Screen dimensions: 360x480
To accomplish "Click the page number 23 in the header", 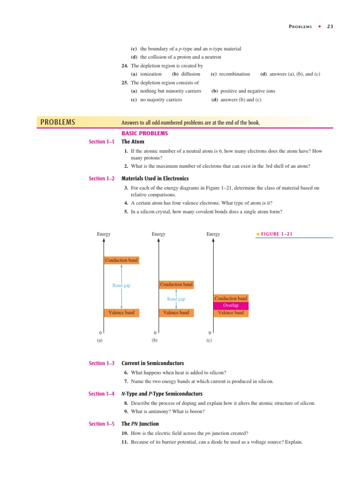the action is [x=330, y=26].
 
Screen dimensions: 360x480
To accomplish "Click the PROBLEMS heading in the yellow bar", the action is [x=58, y=122].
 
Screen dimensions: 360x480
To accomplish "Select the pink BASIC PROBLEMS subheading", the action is [x=144, y=133].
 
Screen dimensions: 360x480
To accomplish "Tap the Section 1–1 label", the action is [x=101, y=142].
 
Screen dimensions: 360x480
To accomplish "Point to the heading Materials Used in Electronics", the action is [x=155, y=179].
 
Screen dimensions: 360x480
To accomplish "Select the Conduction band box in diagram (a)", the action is [x=121, y=261].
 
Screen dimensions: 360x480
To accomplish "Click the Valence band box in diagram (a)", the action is [x=121, y=313].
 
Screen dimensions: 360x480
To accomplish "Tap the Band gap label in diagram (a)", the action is [x=121, y=285].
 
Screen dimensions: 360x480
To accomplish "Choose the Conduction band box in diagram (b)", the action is [x=176, y=285].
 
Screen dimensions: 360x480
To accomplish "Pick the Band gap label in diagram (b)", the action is [x=176, y=299].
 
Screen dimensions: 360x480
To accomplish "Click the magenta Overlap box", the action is [x=231, y=306].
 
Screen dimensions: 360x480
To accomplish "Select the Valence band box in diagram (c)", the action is [x=231, y=313].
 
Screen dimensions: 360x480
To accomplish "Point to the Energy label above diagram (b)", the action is [x=158, y=234].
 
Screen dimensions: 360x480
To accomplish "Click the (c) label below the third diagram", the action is [x=209, y=341].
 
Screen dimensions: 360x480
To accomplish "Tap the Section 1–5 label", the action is [x=101, y=424].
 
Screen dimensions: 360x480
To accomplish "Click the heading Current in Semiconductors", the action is [x=152, y=363].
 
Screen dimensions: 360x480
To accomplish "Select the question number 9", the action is [x=126, y=412].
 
